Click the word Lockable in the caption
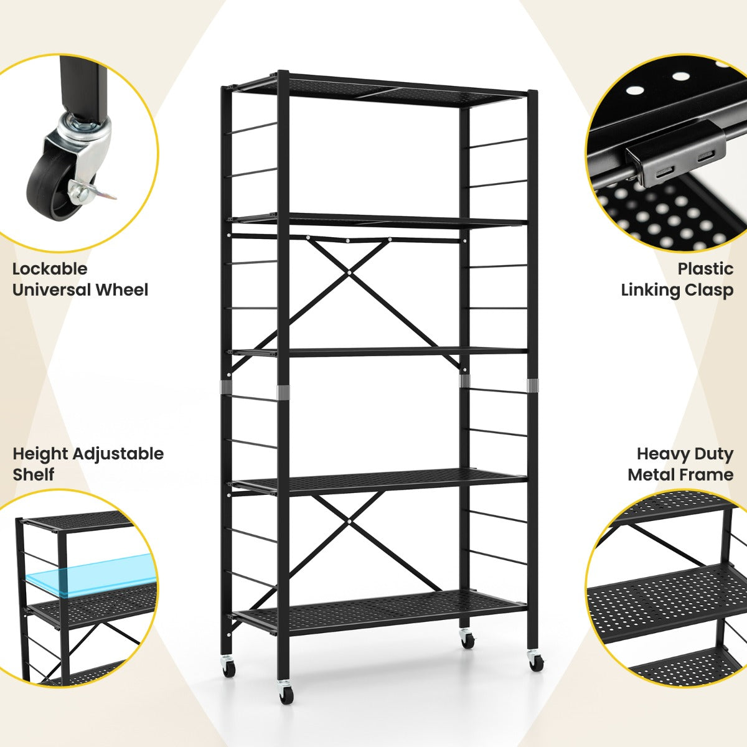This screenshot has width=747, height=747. [x=50, y=269]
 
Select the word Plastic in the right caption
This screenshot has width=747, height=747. [x=705, y=269]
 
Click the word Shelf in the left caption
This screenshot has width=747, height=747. [x=34, y=474]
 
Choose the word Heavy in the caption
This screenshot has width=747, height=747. [x=660, y=454]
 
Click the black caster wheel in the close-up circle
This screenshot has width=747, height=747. [x=50, y=187]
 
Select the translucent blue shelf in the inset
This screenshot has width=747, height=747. [x=91, y=575]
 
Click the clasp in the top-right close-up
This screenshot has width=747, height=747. [x=677, y=154]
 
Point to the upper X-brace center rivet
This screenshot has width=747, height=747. [x=349, y=273]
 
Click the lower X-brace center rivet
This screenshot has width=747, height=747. [x=349, y=522]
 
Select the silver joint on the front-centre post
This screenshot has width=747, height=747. [x=283, y=393]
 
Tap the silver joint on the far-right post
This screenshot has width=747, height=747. [x=532, y=385]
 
